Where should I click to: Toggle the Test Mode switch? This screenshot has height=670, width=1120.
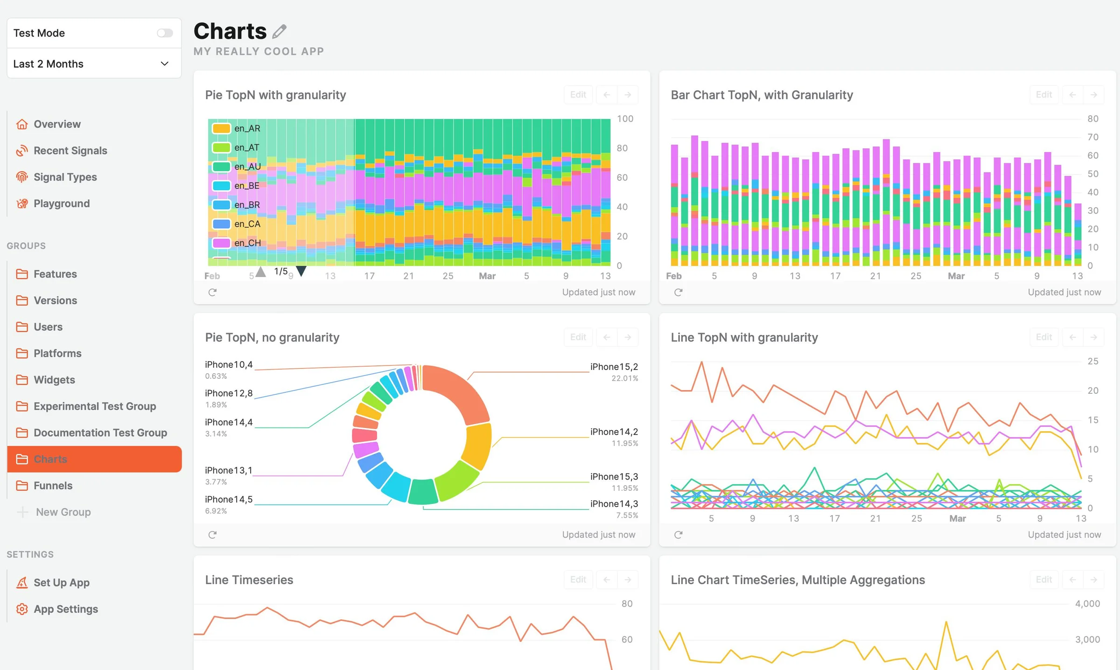165,33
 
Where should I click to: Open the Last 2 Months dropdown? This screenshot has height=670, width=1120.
94,63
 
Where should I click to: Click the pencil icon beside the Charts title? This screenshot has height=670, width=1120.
279,31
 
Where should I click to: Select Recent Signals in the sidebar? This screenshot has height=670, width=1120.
70,151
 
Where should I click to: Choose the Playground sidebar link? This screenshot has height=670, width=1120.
62,203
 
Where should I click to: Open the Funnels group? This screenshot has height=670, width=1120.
53,486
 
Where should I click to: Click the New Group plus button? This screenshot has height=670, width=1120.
22,512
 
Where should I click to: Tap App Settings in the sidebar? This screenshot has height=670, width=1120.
66,609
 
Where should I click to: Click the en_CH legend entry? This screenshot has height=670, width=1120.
247,243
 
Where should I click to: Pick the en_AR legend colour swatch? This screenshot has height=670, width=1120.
221,128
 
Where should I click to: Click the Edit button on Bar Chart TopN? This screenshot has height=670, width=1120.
1044,95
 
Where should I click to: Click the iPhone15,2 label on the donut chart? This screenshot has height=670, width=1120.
614,367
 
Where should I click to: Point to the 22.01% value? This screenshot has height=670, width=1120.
625,378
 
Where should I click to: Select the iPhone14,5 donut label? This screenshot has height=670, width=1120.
229,499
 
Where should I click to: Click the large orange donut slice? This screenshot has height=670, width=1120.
460,392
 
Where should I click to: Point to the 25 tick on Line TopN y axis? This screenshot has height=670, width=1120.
1093,361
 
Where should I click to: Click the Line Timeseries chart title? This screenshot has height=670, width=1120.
249,580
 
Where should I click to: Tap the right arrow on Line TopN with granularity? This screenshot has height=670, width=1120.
1093,337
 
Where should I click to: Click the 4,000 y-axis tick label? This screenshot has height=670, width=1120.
1087,604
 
